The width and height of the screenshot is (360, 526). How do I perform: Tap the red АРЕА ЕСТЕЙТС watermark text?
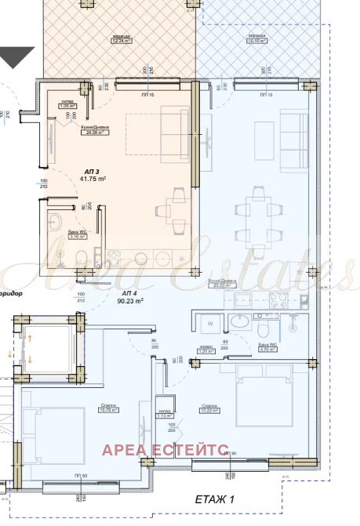165,449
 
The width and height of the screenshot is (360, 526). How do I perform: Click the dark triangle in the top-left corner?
16,56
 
